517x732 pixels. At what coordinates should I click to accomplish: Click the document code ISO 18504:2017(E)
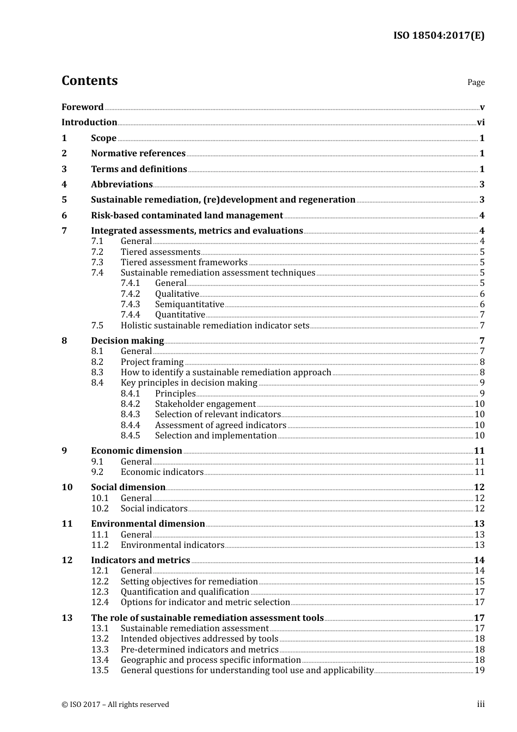439,35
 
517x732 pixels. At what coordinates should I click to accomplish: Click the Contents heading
89,81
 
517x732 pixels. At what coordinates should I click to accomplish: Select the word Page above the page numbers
476,82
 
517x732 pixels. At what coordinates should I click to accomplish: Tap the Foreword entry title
82,107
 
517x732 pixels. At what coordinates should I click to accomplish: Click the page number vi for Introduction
481,123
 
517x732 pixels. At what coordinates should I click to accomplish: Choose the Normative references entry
138,154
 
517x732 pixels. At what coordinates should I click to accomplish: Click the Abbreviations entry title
121,185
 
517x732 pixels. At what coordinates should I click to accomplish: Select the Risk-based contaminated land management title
187,216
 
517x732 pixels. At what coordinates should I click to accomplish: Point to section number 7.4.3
130,304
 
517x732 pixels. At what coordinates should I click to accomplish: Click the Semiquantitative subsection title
189,304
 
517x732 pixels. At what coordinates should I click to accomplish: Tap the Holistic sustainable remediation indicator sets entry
215,326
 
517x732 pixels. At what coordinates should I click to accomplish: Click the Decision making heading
127,341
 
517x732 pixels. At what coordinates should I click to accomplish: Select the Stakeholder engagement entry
205,404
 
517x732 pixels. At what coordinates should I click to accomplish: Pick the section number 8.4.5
130,436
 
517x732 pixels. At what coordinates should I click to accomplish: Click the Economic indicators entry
162,472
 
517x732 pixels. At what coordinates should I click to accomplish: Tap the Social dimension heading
128,487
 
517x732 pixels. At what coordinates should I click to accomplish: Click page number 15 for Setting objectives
479,582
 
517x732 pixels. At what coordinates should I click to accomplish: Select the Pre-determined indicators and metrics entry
199,650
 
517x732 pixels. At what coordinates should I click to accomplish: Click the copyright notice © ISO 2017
115,705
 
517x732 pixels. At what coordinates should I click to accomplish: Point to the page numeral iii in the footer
481,704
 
